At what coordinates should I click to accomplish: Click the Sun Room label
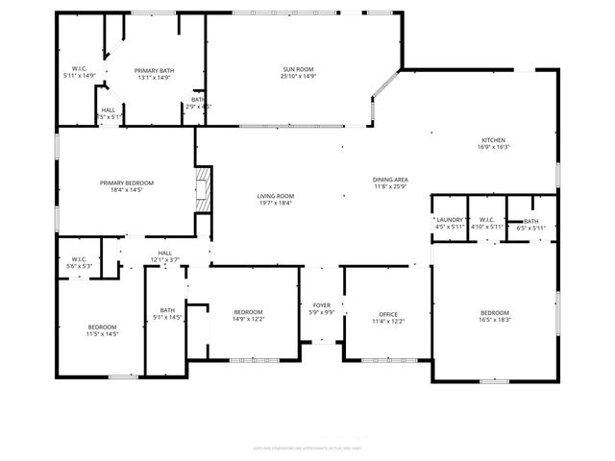click(299, 70)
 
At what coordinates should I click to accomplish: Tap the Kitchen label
click(493, 140)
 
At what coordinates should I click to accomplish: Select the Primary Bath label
click(153, 70)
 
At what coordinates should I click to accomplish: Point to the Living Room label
click(275, 196)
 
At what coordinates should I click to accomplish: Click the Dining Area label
click(391, 180)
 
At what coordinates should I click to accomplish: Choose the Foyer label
click(321, 306)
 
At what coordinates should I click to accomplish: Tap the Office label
click(388, 314)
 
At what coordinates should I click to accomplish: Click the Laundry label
click(449, 220)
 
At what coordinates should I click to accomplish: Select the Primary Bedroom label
click(127, 182)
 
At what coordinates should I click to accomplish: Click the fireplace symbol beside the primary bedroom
click(202, 192)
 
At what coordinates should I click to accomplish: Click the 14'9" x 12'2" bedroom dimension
click(248, 319)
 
